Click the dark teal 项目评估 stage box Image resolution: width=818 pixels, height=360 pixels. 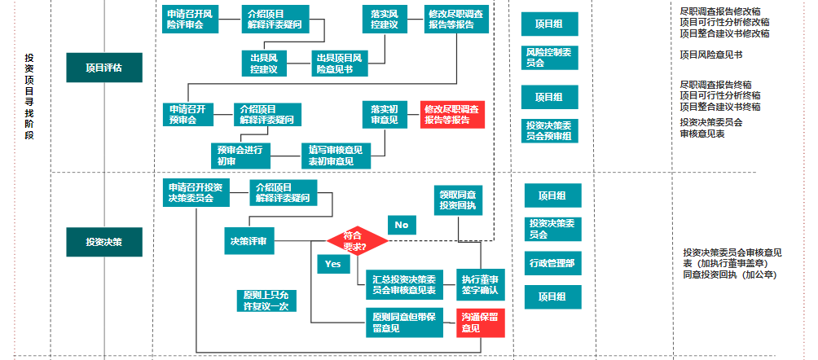point(104,68)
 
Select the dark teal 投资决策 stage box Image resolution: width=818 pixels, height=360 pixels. point(104,242)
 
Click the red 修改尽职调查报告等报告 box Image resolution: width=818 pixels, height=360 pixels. point(452,115)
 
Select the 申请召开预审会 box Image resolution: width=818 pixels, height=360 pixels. point(189,113)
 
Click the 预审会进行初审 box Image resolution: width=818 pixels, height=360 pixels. point(238,155)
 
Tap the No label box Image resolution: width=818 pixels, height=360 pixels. point(401,225)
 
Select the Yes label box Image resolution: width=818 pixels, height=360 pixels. point(332,265)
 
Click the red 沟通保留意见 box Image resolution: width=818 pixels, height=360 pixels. point(481,323)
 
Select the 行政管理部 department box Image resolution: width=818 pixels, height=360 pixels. point(552,262)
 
